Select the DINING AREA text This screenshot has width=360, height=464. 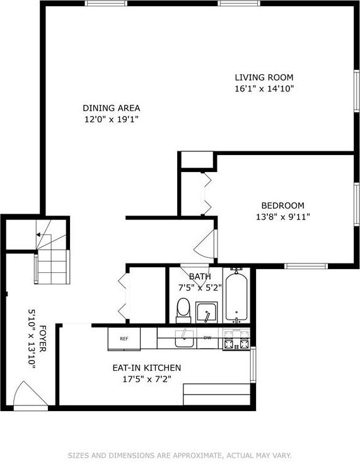pos(112,108)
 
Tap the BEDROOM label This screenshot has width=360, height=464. pos(283,206)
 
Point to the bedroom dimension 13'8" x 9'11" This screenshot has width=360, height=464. pos(283,217)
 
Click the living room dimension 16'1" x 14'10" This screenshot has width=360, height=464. pos(264,89)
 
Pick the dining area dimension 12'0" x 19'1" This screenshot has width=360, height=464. pos(112,119)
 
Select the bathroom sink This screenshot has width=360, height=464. pos(206,312)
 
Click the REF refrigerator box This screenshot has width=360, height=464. pos(124,339)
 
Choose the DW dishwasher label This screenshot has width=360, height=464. pos(207,338)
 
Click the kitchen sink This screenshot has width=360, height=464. pos(183,338)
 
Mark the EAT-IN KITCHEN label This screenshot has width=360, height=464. pos(147,368)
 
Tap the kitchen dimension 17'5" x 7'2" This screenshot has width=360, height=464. pos(147,380)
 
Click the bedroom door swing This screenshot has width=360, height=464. pos(206,245)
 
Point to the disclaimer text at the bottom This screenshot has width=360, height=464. pos(180,455)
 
